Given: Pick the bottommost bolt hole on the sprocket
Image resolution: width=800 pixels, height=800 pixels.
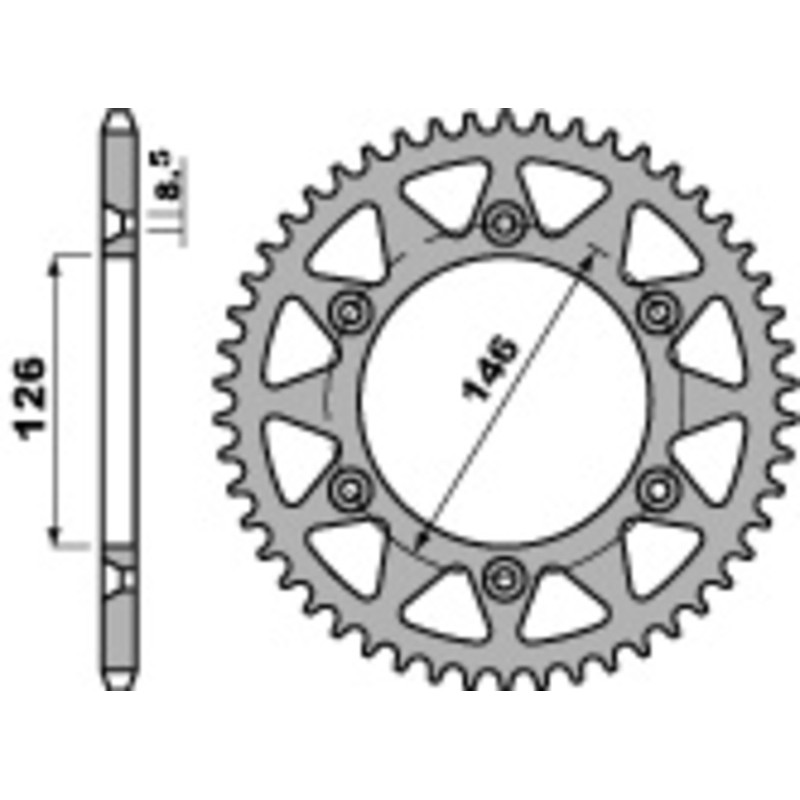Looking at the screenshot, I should click(x=501, y=576).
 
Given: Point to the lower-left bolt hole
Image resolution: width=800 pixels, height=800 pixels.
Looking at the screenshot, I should click(x=348, y=487).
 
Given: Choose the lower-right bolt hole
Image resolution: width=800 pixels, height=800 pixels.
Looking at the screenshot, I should click(x=656, y=487).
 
